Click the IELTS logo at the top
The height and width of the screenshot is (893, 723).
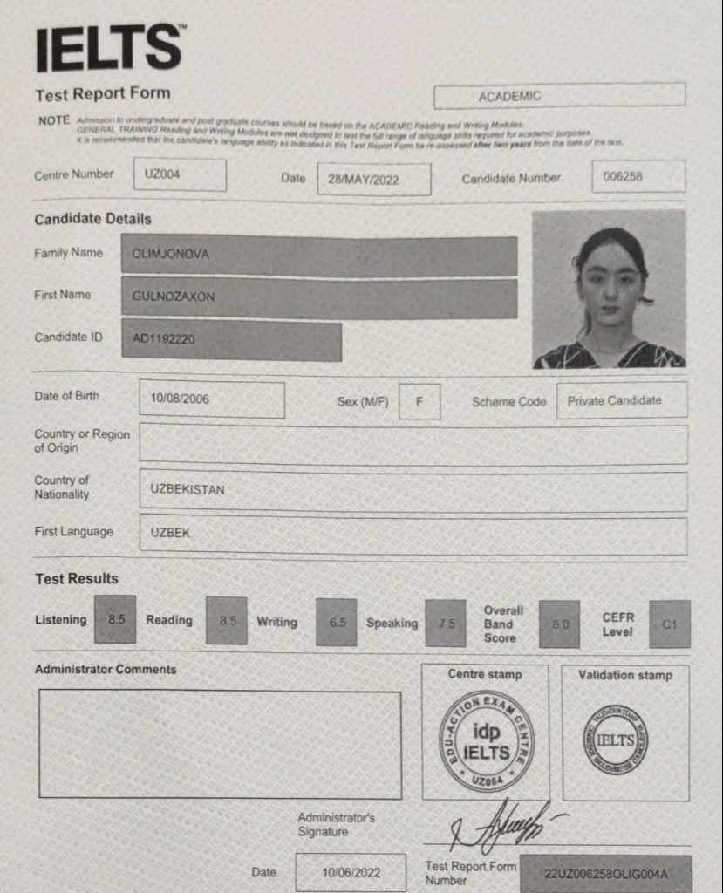tap(109, 49)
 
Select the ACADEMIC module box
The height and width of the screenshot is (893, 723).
tap(559, 96)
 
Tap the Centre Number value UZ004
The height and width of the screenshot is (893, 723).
tap(180, 174)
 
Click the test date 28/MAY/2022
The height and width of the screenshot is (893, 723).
tap(373, 179)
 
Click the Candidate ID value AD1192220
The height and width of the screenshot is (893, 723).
tap(231, 340)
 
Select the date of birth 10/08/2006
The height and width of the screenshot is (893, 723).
tap(211, 399)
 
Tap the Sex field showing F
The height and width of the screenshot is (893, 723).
tap(419, 401)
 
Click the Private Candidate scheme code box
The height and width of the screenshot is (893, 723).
tap(621, 400)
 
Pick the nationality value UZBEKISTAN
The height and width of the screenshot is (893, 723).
tap(413, 490)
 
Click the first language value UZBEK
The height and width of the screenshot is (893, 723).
tap(413, 534)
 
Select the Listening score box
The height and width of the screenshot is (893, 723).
tap(115, 619)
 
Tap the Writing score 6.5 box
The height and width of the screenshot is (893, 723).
tap(337, 623)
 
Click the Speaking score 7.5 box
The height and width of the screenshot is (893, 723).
tap(446, 624)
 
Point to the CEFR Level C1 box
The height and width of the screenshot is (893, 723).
tap(669, 624)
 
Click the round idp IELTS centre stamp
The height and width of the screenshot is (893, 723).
tap(486, 741)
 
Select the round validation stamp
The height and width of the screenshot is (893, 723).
tap(616, 740)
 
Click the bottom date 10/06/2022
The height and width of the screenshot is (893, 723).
tap(351, 871)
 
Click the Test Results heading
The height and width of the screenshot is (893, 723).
tap(77, 578)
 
